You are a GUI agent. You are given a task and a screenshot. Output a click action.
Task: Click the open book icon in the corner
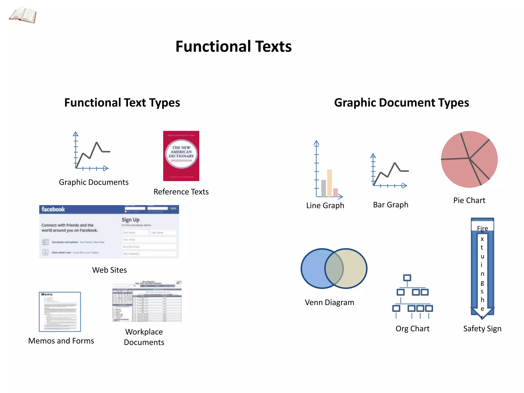(x=23, y=15)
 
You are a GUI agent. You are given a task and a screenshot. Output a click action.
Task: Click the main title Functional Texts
(x=233, y=47)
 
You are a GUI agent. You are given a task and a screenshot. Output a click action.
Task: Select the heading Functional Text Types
(x=122, y=103)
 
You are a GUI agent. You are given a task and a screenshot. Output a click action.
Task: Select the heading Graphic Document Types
(x=401, y=103)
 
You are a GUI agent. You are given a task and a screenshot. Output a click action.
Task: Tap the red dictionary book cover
(x=181, y=156)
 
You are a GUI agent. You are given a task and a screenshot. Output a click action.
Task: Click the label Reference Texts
(x=181, y=192)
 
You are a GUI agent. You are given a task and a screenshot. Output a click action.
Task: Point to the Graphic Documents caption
(x=94, y=182)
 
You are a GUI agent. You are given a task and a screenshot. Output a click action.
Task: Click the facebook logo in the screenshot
(x=53, y=209)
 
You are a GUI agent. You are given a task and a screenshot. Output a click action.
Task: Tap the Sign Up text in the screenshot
(x=130, y=220)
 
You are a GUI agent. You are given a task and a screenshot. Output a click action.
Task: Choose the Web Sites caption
(x=109, y=270)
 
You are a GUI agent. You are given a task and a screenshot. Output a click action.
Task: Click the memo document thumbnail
(x=60, y=312)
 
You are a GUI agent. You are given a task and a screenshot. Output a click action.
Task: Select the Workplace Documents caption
(x=144, y=337)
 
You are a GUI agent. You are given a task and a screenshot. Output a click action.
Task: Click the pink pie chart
(x=469, y=159)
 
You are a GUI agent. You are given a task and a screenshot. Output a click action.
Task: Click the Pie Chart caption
(x=469, y=200)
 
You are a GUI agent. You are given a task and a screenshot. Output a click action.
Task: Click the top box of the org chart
(x=407, y=278)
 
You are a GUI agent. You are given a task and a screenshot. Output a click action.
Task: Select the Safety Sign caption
(x=482, y=329)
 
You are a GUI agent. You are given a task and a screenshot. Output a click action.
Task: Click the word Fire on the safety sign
(x=482, y=228)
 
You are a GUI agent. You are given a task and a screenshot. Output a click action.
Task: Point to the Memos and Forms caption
(x=61, y=341)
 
